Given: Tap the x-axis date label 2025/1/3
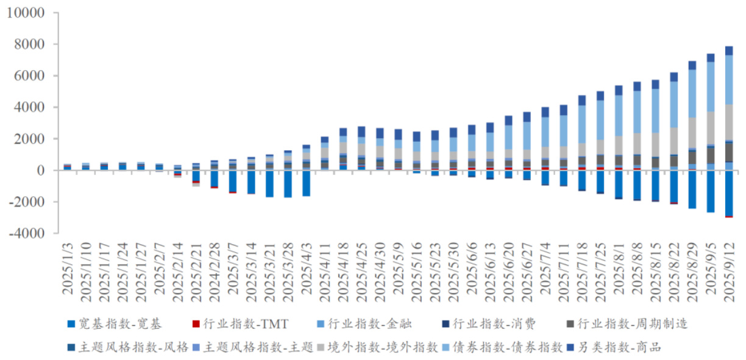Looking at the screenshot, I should (x=68, y=268).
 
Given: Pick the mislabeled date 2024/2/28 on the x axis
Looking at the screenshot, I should (x=215, y=268).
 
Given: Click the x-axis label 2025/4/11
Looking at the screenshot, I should (x=325, y=268).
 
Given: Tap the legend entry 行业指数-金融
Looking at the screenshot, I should (x=373, y=324).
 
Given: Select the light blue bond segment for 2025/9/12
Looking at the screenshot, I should (x=729, y=80).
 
